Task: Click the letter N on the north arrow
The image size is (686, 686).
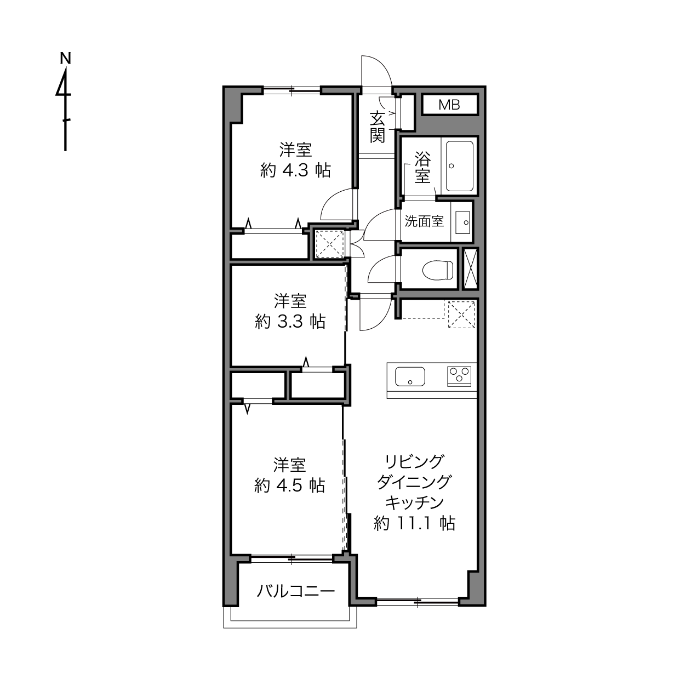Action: coord(66,59)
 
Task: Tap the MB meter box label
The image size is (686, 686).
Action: coord(449,105)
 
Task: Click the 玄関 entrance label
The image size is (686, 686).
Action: coord(377,127)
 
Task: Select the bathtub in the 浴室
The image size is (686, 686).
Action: coord(460,166)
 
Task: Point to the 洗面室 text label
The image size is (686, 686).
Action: coord(424,221)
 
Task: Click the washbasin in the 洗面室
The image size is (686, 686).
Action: coord(462,222)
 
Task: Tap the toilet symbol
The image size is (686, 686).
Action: coord(437,270)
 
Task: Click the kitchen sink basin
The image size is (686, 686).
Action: coord(410,376)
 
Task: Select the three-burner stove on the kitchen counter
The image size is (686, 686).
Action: coord(459,376)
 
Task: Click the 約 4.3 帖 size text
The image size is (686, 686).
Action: coord(295,171)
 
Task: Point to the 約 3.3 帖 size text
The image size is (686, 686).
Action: coord(290,322)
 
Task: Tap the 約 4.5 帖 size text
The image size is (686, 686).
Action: coord(289,485)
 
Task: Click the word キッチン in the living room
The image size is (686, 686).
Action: coord(414,503)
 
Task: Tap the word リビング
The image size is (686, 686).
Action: coord(414,462)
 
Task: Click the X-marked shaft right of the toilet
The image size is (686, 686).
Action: coord(470,268)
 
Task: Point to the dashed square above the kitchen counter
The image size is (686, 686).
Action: coord(461,315)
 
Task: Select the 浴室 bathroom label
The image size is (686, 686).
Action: coord(422,167)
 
